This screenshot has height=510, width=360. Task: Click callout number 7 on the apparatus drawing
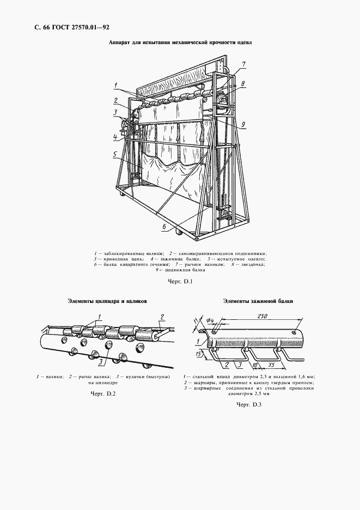(244, 64)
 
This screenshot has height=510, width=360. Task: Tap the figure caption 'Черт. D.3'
(250, 405)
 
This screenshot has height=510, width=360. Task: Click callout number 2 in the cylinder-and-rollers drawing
(161, 316)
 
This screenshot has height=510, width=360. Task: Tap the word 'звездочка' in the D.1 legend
(252, 265)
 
